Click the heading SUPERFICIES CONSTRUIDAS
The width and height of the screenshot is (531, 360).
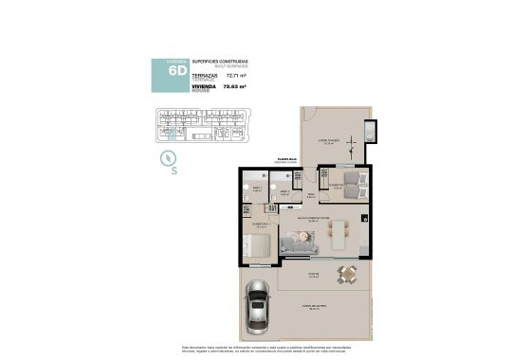click(213, 61)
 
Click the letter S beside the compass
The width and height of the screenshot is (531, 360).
click(174, 171)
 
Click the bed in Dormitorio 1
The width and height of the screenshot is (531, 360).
click(260, 246)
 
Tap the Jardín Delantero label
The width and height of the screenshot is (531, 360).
click(314, 306)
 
